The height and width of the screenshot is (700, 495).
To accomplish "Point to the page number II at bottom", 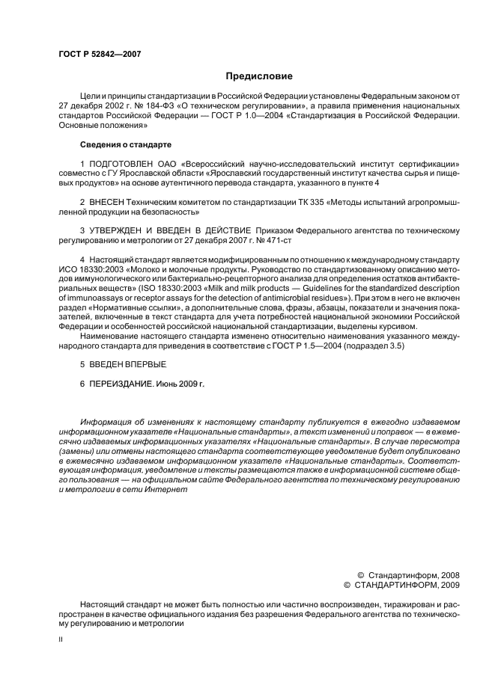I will [x=61, y=639].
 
